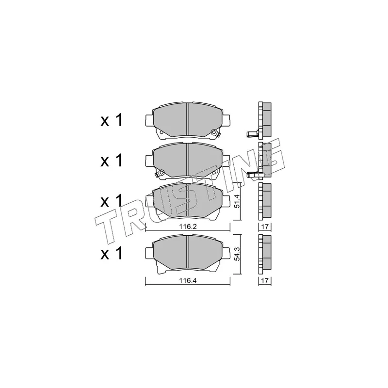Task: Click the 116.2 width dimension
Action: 188,226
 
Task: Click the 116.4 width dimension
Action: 188,281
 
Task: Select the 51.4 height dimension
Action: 237,201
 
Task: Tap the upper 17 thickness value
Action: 265,226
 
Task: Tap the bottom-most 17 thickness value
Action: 265,281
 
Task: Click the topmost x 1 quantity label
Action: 112,121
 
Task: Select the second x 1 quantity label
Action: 112,161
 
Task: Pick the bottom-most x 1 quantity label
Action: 112,253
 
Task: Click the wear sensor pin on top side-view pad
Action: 252,134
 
